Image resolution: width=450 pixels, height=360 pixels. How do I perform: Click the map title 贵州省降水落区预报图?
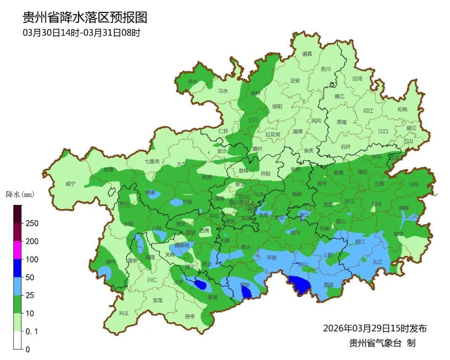click(85, 17)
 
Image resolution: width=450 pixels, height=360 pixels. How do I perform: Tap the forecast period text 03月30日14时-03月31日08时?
click(81, 33)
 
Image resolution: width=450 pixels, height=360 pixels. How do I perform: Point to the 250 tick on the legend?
click(31, 223)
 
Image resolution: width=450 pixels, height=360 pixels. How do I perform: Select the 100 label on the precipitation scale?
click(31, 260)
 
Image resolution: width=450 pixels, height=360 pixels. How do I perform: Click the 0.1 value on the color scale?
click(31, 331)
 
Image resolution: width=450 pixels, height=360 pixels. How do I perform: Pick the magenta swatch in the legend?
click(17, 250)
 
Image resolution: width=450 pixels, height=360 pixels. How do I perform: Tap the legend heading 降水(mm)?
click(20, 195)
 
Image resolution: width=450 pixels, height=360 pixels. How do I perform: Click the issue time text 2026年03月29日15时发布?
click(375, 328)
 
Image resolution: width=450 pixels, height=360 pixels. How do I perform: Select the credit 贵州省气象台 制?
click(382, 343)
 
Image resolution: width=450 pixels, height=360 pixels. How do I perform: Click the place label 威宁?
click(71, 184)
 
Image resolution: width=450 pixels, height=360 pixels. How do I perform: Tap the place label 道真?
click(307, 54)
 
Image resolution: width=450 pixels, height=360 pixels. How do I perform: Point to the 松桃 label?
click(402, 110)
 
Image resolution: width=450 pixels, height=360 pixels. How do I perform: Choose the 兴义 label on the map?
click(124, 313)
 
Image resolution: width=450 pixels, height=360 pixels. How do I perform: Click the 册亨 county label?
click(190, 317)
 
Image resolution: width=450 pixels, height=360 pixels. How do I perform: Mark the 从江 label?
click(377, 262)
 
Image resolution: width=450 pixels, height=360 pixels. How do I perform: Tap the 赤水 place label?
click(192, 82)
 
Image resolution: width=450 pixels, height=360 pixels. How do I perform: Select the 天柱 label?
click(413, 184)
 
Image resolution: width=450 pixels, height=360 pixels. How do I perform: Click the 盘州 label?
click(110, 262)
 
